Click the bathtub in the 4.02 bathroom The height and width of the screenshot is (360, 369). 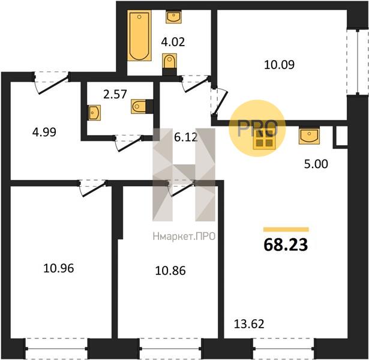[139, 35]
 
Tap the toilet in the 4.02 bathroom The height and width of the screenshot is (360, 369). [169, 64]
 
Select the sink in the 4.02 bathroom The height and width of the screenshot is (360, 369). [173, 17]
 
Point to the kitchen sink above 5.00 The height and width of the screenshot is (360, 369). [309, 136]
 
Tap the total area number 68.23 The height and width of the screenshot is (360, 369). [286, 245]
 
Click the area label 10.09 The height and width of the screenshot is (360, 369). [280, 65]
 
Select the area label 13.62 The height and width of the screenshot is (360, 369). [249, 324]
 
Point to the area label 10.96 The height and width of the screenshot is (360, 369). [59, 268]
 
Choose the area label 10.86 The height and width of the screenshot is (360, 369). [170, 271]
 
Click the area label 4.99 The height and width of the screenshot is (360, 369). [44, 132]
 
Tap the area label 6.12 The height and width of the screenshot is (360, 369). [186, 137]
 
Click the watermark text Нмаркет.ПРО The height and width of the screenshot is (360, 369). [184, 236]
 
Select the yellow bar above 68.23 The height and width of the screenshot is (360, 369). [286, 229]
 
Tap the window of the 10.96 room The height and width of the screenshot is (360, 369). [56, 348]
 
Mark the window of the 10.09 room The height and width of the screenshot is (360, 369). [358, 62]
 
